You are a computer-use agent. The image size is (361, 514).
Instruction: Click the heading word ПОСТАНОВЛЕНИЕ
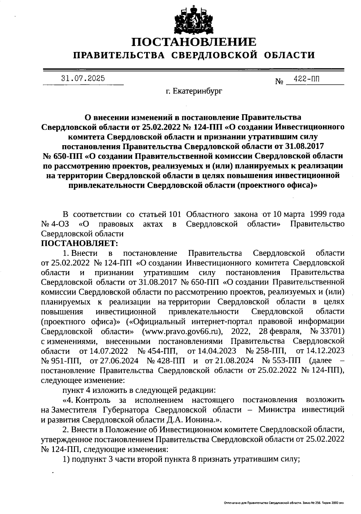(x=194, y=42)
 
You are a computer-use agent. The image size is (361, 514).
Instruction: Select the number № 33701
(x=327, y=331)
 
